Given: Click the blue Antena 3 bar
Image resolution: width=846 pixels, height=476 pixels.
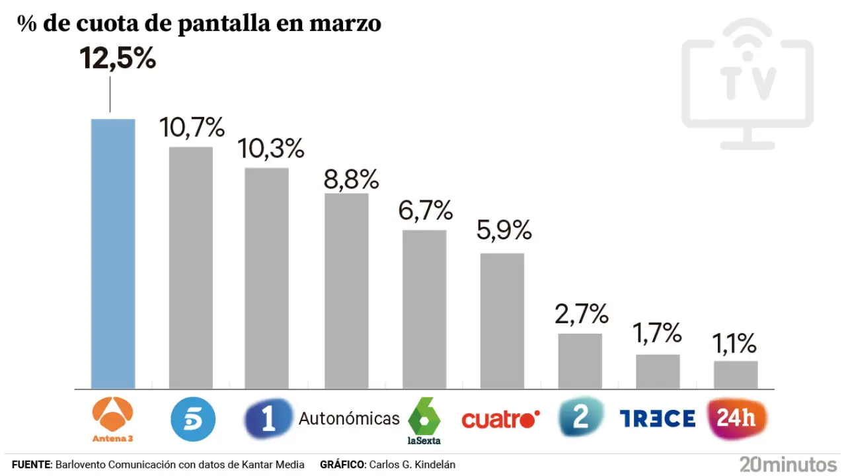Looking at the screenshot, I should pyautogui.click(x=113, y=254).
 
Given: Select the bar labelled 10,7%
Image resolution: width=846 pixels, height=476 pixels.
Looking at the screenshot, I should pyautogui.click(x=191, y=268).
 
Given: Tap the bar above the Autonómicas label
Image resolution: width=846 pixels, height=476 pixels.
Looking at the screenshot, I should pyautogui.click(x=346, y=291).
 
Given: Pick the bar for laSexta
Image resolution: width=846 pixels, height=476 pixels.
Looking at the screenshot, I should pyautogui.click(x=424, y=309).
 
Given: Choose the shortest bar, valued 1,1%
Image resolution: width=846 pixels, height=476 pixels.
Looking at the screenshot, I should pyautogui.click(x=736, y=375).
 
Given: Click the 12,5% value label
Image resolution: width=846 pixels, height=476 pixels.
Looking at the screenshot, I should pyautogui.click(x=118, y=58).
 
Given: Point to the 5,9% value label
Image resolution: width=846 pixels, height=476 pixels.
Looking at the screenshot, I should pyautogui.click(x=504, y=230).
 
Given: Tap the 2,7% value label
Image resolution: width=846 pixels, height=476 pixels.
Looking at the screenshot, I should pyautogui.click(x=581, y=314).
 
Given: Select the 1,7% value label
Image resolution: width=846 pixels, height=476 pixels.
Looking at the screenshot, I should pyautogui.click(x=657, y=333).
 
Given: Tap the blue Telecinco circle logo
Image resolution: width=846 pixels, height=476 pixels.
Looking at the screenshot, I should pyautogui.click(x=193, y=418).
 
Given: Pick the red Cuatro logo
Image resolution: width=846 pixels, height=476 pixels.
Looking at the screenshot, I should pyautogui.click(x=500, y=419).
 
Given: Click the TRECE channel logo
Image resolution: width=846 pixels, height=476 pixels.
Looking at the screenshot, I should pyautogui.click(x=657, y=418).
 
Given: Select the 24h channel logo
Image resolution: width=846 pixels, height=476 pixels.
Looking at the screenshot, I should pyautogui.click(x=736, y=419).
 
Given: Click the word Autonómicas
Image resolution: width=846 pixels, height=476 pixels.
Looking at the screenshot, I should pyautogui.click(x=349, y=418).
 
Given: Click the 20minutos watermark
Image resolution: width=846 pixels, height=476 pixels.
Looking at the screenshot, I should pyautogui.click(x=788, y=463).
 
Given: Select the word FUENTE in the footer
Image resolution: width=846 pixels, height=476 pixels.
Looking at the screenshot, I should pyautogui.click(x=30, y=465).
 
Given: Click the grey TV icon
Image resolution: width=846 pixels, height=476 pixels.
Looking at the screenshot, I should pyautogui.click(x=747, y=83).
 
